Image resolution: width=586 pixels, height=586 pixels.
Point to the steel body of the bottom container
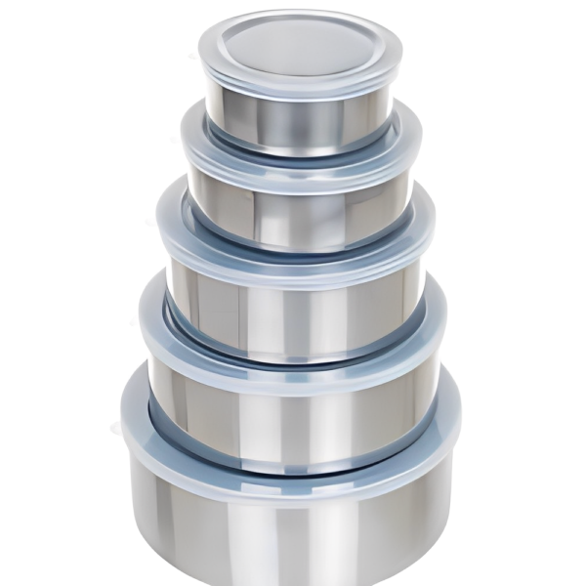tap(293, 527)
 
